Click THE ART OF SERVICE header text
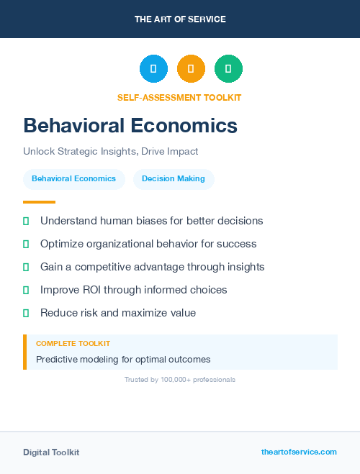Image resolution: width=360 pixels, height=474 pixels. pyautogui.click(x=180, y=19)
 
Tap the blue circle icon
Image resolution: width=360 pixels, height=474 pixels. pyautogui.click(x=153, y=69)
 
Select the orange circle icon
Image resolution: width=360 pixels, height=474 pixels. pyautogui.click(x=191, y=69)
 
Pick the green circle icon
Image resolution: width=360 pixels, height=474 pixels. pyautogui.click(x=228, y=69)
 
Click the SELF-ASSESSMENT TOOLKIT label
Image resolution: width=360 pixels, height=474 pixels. pyautogui.click(x=180, y=97)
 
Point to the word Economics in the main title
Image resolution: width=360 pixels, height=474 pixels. pyautogui.click(x=184, y=125)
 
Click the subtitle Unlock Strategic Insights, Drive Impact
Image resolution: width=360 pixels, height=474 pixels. pyautogui.click(x=110, y=152)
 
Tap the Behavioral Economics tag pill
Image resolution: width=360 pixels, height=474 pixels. pyautogui.click(x=74, y=179)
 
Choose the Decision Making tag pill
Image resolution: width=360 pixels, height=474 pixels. pyautogui.click(x=174, y=179)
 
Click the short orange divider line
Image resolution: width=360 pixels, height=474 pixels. pyautogui.click(x=39, y=202)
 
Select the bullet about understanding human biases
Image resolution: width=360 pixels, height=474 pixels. pyautogui.click(x=151, y=221)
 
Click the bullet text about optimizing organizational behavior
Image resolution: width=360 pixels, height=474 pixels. pyautogui.click(x=148, y=244)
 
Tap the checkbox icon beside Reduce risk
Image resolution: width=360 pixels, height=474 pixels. pyautogui.click(x=26, y=313)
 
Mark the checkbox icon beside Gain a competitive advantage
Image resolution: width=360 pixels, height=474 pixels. pyautogui.click(x=26, y=267)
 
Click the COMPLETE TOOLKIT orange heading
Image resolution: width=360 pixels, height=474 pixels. pyautogui.click(x=73, y=344)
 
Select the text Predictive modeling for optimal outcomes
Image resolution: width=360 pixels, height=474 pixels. pyautogui.click(x=123, y=359)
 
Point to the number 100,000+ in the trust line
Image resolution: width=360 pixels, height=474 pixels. pyautogui.click(x=176, y=379)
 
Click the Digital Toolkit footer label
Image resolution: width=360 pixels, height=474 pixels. pyautogui.click(x=51, y=452)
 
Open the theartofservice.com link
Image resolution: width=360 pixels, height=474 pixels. pyautogui.click(x=299, y=452)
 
